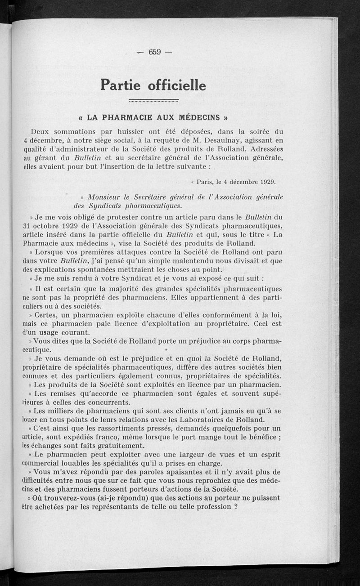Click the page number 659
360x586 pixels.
tap(154, 52)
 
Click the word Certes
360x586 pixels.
tap(45, 314)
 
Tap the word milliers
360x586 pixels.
tap(63, 411)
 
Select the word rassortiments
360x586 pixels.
tap(114, 428)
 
